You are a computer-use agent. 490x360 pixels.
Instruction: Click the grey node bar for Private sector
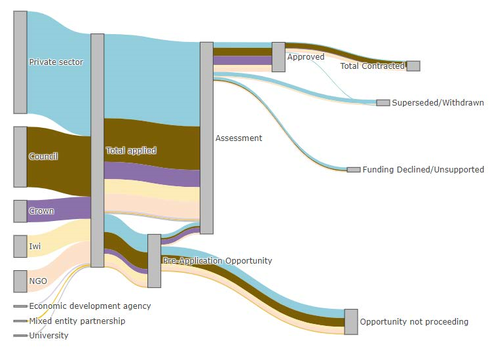coord(20,62)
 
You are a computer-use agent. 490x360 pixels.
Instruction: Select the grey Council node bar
coord(20,157)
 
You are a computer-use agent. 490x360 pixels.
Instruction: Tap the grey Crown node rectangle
coord(20,211)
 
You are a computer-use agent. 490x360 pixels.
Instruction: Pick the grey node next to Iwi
coord(20,246)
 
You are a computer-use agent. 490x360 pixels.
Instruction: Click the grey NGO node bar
coord(20,281)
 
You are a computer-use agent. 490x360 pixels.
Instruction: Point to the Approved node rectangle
coord(278,57)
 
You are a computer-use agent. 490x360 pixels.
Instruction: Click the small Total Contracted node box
coord(413,66)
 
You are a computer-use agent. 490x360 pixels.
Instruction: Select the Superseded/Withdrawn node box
coord(383,102)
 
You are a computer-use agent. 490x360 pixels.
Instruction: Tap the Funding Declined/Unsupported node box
coord(354,170)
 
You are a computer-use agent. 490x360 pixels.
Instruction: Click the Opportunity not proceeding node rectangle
coord(351,322)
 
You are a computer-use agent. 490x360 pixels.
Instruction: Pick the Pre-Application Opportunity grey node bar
coord(154,261)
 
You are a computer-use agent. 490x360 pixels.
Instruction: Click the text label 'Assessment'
coord(238,138)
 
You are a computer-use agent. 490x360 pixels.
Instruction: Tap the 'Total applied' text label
coord(131,150)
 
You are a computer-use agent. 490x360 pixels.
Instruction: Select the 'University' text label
coord(48,335)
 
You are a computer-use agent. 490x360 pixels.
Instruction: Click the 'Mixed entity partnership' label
coord(77,321)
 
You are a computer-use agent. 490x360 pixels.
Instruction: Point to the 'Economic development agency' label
coord(90,306)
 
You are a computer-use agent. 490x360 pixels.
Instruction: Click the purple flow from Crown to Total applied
coord(59,210)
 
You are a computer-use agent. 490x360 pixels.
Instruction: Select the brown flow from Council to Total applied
coord(59,161)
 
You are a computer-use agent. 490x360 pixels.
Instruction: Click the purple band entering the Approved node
coord(242,60)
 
